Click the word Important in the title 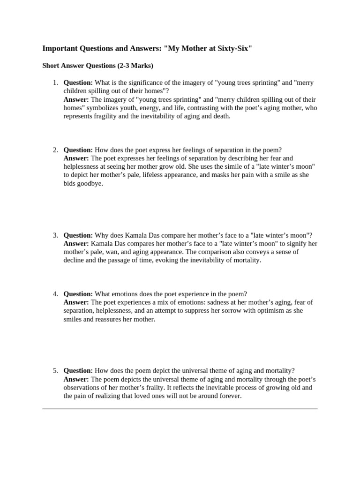pos(60,48)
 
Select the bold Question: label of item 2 pos(78,150)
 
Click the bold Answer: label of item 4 pos(76,302)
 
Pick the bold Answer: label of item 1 pos(76,99)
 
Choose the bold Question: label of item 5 pos(78,370)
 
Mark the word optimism pos(269,311)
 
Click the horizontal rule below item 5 pos(180,409)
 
